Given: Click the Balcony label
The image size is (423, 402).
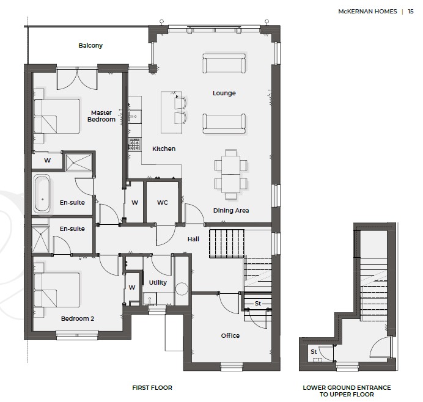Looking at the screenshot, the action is coord(90,45).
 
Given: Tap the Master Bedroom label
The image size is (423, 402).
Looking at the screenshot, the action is coord(101,116).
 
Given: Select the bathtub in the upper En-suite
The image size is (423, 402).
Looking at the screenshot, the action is coord(42,193).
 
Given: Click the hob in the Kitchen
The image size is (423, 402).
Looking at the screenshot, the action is coord(134,144).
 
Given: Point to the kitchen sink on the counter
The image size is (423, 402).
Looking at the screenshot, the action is coord(134,116).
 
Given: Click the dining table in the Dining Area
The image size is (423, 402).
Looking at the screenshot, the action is coord(230,175).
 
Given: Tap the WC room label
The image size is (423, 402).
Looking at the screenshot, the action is coord(163,202).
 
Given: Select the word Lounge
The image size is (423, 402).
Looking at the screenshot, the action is coord(224,93).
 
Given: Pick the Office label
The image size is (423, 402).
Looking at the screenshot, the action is coord(230,335).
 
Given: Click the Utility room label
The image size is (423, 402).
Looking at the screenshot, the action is coord(158,282).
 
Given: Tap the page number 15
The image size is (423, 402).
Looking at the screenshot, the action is coord(411,12).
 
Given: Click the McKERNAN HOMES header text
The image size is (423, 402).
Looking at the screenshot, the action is coord(367,12).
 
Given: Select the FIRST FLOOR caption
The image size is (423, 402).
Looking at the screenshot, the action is coord(152,388).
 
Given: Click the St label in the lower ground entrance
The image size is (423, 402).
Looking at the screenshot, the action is coord(314,351).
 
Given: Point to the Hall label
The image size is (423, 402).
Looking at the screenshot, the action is coord(193,239).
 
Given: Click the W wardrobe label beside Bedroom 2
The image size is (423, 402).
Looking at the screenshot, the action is coord(132,287).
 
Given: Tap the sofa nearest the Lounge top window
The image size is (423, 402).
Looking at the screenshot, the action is coord(224,63).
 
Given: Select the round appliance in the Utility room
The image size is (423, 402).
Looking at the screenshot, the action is coord(182,289).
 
